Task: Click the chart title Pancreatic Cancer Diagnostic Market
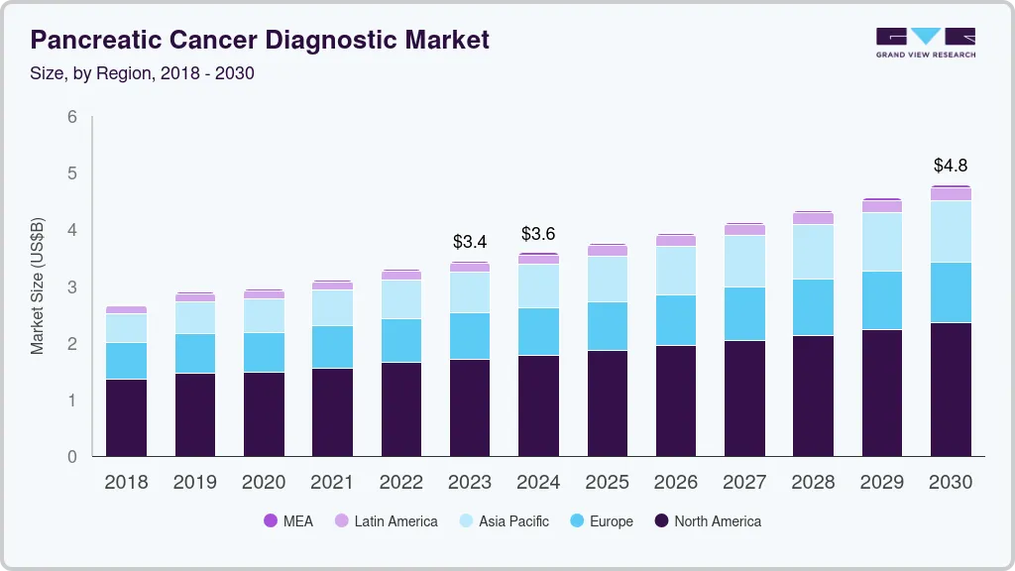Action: pos(260,40)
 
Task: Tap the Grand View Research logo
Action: pos(925,43)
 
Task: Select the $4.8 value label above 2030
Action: pos(952,166)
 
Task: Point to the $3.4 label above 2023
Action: pos(470,241)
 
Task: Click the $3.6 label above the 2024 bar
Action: pos(539,234)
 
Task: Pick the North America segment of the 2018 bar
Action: pos(126,417)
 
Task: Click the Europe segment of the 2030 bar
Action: pos(952,292)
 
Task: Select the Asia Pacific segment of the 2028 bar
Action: pos(814,252)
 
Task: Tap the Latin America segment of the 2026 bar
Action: pos(676,240)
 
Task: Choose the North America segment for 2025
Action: pos(607,402)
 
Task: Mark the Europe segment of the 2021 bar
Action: pos(332,347)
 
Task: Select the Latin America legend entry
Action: pos(386,520)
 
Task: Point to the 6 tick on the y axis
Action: pos(72,117)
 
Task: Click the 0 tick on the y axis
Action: pos(72,457)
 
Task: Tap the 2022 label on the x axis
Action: pos(400,482)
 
